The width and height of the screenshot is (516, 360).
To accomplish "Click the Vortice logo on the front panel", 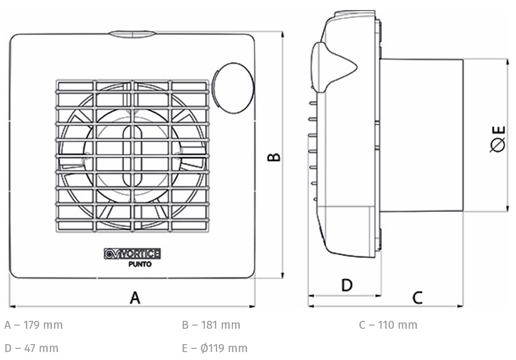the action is tap(132, 254).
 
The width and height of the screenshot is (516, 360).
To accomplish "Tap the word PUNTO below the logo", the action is tap(140, 264).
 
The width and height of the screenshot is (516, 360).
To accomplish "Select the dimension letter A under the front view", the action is tap(135, 298).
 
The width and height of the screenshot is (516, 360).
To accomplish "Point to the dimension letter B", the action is tap(274, 157).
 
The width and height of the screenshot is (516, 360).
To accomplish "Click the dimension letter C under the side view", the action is tap(417, 298).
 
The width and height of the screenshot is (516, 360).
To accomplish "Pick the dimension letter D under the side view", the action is tap(347, 285).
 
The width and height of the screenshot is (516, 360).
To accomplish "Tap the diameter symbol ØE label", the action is tap(497, 139).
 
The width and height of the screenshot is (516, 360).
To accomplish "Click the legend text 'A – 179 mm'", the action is tap(33, 325).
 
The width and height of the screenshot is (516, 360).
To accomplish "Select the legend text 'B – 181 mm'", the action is tap(211, 325).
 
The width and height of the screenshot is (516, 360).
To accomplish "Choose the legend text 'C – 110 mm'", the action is tap(388, 325).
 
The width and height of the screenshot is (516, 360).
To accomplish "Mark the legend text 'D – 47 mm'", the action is tap(32, 348).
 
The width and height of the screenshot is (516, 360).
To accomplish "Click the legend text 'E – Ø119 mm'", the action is tap(214, 348).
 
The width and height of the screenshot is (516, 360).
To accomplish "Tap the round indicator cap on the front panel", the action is tap(233, 88).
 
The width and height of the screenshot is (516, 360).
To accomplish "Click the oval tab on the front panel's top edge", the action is tap(132, 34).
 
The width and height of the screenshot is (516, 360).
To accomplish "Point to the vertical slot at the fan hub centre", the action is tap(132, 155).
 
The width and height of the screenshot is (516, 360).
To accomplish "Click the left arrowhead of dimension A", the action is tap(13, 307).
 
